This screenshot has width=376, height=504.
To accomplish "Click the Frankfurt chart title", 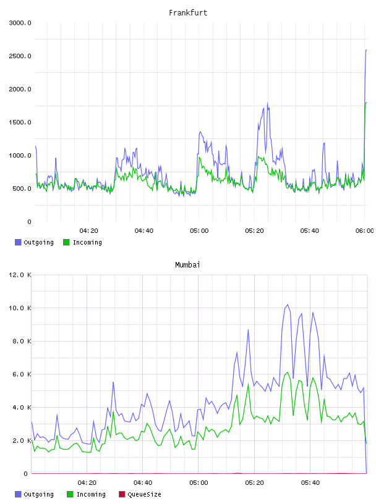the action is pos(188,12).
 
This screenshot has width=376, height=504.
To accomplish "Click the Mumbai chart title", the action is pos(187,264).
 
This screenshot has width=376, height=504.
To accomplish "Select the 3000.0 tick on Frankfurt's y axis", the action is pos(20,23).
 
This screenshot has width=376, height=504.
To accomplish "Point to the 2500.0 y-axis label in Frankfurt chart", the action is pos(20,56).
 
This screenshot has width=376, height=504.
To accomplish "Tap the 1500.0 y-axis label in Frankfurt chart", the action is pos(20,122).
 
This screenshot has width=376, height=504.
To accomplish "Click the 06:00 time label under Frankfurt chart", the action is pos(364,230).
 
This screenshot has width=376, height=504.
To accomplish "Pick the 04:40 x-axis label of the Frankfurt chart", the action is pos(144,230).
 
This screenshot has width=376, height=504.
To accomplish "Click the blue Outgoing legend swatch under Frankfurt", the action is pos(18,242).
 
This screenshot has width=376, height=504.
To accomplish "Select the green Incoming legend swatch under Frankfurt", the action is pos(66,242).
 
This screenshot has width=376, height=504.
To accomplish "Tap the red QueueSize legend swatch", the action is pos(122,494).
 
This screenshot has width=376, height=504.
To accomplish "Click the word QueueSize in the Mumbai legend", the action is pos(144,494).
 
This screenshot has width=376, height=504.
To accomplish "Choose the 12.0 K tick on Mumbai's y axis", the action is pos(20,275).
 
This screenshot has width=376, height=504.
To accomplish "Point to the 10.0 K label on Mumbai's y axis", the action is pos(20,308).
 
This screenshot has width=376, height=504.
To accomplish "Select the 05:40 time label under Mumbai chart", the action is pos(310,482).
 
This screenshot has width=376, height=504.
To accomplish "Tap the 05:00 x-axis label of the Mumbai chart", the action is pos(199,482).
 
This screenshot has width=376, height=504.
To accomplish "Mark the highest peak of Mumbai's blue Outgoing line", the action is pos(288,304).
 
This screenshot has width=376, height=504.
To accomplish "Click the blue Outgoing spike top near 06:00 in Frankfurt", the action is pos(366,50).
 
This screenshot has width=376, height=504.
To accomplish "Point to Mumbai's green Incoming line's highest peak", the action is pos(288,372).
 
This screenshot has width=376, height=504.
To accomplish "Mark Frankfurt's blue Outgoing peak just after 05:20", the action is pos(267,103).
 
